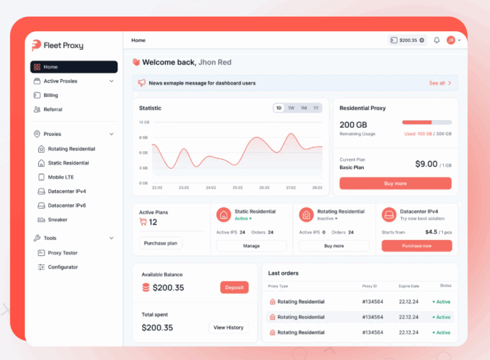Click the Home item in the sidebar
pyautogui.click(x=73, y=67)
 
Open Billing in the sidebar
pyautogui.click(x=50, y=95)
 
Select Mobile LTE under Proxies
pyautogui.click(x=61, y=177)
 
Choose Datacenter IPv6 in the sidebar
pyautogui.click(x=66, y=206)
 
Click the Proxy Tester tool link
pyautogui.click(x=63, y=253)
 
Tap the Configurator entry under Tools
pyautogui.click(x=63, y=267)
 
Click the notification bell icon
pyautogui.click(x=436, y=40)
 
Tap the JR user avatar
pyautogui.click(x=451, y=40)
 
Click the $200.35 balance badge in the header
pyautogui.click(x=407, y=40)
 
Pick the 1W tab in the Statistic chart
pyautogui.click(x=291, y=108)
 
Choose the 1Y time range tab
pyautogui.click(x=315, y=108)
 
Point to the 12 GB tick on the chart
pyautogui.click(x=144, y=122)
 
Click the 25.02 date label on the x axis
pyautogui.click(x=237, y=188)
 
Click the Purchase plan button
pyautogui.click(x=161, y=243)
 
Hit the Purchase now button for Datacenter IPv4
pyautogui.click(x=417, y=246)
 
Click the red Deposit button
pyautogui.click(x=234, y=287)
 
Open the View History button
pyautogui.click(x=228, y=327)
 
